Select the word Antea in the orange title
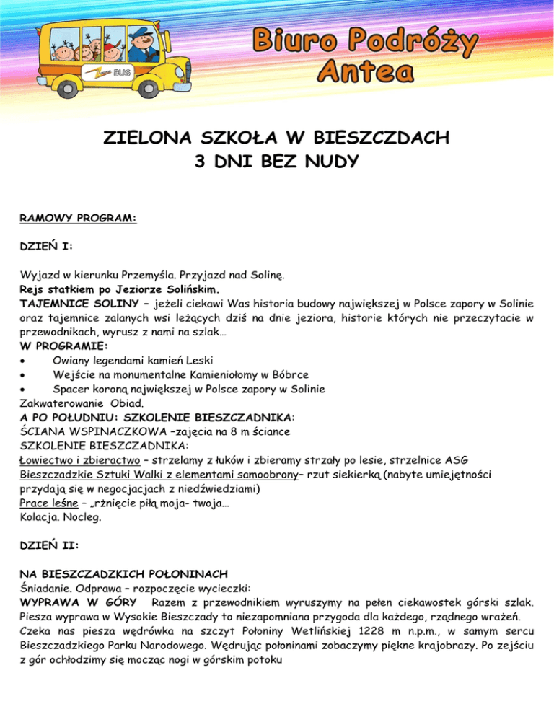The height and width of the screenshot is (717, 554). tap(366, 70)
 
